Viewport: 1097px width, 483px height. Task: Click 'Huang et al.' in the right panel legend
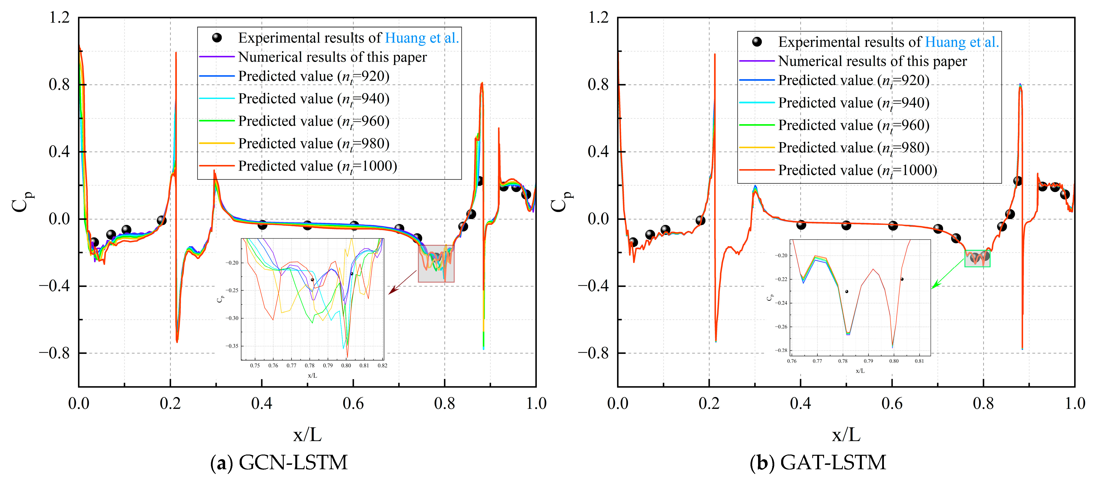click(962, 42)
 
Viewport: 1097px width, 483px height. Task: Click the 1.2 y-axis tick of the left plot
click(59, 18)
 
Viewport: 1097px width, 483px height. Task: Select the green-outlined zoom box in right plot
click(977, 258)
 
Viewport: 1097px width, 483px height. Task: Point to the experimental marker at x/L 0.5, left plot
click(308, 225)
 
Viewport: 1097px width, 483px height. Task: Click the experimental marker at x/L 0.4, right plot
click(801, 225)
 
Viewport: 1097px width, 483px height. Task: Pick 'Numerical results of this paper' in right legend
click(872, 61)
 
